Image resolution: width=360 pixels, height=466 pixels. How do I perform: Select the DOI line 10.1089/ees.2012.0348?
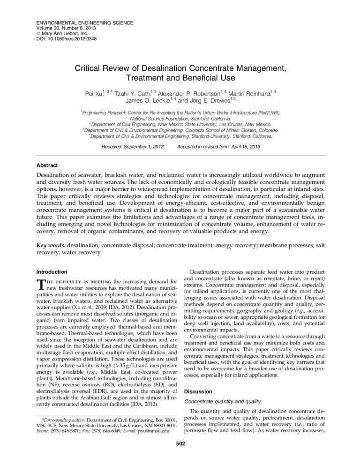pyautogui.click(x=69, y=39)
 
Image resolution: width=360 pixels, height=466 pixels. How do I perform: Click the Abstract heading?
pyautogui.click(x=47, y=165)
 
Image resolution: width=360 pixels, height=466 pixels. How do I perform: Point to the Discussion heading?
pyautogui.click(x=198, y=391)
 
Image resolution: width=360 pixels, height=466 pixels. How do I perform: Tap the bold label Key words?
pyautogui.click(x=51, y=245)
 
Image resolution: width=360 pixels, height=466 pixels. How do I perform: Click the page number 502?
pyautogui.click(x=180, y=443)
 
